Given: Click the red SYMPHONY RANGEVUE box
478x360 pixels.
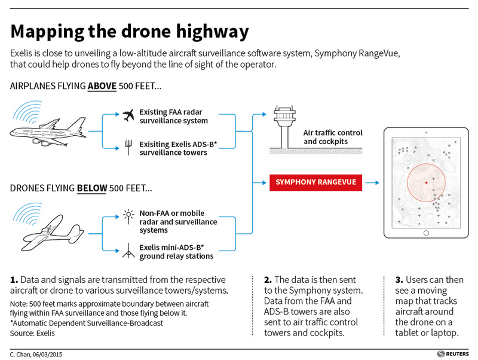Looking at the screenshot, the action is coord(315,182).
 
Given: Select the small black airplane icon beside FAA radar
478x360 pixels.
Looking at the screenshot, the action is coord(128,115).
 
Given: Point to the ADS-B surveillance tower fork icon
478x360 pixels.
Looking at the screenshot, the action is coord(128,147).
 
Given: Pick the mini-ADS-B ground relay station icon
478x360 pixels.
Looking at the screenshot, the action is coord(128,251).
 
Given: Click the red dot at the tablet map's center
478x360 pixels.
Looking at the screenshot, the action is coord(426,183).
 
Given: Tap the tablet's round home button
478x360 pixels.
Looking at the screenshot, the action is coord(426,233).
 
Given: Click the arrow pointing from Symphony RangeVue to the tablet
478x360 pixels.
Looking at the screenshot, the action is coord(372,183).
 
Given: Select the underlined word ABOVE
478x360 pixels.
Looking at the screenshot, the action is coord(102,86).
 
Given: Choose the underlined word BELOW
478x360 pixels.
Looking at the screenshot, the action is coord(92,188).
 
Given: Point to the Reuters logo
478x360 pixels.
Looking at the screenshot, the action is coord(453,354).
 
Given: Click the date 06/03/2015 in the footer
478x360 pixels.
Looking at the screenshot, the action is coord(48,355).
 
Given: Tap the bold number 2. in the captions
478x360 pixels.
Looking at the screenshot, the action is coord(268,280).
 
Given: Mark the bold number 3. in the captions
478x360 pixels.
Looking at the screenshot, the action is coord(399,280).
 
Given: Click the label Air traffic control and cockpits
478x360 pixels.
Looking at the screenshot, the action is coord(333,137).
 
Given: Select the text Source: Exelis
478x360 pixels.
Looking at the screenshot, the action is coord(32,333).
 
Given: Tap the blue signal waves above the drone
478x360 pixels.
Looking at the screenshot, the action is coord(27,213).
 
